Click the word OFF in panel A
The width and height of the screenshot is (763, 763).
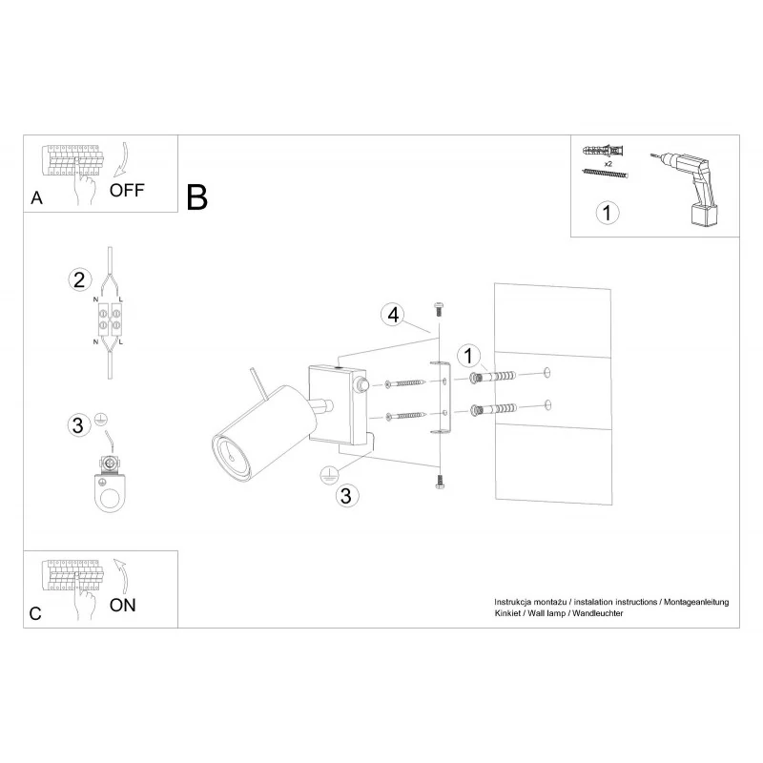(127, 190)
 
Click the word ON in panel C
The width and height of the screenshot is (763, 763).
(123, 605)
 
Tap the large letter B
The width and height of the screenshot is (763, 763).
(196, 197)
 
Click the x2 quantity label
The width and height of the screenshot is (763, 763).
(608, 164)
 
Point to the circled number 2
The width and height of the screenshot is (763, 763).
(79, 279)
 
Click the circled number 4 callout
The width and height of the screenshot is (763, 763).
(393, 315)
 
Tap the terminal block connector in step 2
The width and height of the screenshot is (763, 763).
(110, 320)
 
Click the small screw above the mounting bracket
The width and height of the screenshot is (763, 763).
(438, 308)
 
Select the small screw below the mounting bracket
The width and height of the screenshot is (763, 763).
(440, 482)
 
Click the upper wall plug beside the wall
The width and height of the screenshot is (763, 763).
(492, 377)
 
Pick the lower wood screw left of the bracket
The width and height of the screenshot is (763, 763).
(406, 416)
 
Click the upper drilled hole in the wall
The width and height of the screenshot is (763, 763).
(547, 373)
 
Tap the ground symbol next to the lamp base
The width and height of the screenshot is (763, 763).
(328, 473)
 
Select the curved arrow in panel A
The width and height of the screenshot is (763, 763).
(121, 159)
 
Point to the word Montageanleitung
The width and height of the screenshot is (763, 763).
(696, 602)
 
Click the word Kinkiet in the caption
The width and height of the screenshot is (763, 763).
(507, 613)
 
